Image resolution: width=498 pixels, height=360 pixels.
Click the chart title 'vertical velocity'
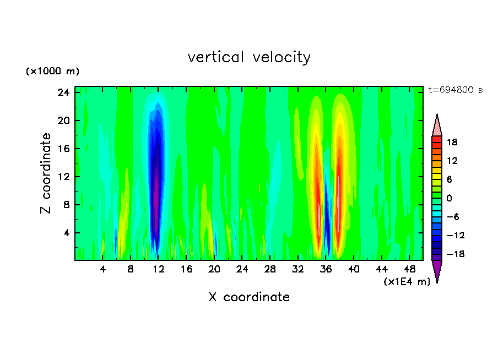pyautogui.click(x=249, y=57)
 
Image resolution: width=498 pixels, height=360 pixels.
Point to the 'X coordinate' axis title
pyautogui.click(x=249, y=297)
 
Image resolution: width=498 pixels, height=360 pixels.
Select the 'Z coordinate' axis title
pyautogui.click(x=46, y=173)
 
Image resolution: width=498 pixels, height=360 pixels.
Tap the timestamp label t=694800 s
pyautogui.click(x=455, y=90)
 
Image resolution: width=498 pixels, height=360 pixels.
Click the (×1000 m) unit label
pyautogui.click(x=52, y=72)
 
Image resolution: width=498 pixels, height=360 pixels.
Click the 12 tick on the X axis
pyautogui.click(x=159, y=269)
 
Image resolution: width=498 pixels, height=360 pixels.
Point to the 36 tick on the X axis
pyautogui.click(x=326, y=269)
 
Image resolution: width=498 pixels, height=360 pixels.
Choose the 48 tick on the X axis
pyautogui.click(x=409, y=269)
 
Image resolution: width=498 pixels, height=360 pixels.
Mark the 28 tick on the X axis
pyautogui.click(x=270, y=269)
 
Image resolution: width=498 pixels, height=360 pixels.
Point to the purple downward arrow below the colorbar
pyautogui.click(x=437, y=271)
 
